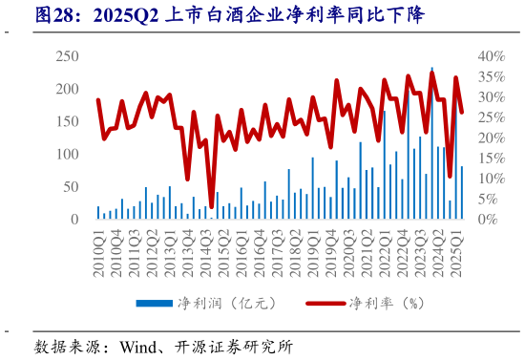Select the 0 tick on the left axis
point(73,219)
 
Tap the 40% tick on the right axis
point(491,56)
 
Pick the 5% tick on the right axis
point(488,199)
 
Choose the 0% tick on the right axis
point(488,219)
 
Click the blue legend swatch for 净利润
point(154,304)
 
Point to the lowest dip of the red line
point(211,204)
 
